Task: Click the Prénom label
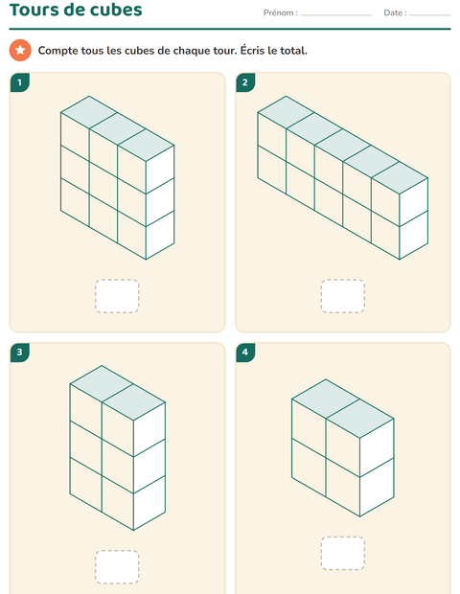(281, 12)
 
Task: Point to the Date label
(395, 12)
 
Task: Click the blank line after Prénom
(336, 15)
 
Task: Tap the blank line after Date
(430, 15)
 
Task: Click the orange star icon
(20, 50)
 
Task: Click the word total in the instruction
(293, 51)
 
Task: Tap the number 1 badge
(20, 82)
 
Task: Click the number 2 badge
(245, 82)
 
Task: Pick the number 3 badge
(20, 353)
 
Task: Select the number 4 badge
(245, 353)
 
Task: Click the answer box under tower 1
(117, 296)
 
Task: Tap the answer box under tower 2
(343, 296)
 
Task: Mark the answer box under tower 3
(117, 567)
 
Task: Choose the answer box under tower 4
(343, 553)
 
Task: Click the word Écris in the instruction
(253, 50)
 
